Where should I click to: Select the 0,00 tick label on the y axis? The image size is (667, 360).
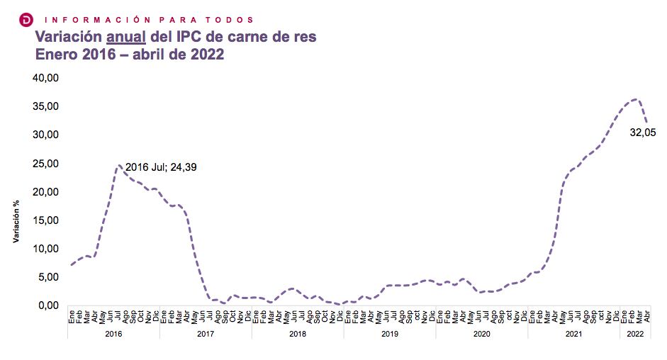tap(46, 306)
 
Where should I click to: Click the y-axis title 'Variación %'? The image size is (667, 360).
tap(15, 221)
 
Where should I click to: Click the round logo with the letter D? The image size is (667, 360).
tap(26, 20)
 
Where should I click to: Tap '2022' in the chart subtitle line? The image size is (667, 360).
tap(207, 54)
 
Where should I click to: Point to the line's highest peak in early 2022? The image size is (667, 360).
tap(636, 99)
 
